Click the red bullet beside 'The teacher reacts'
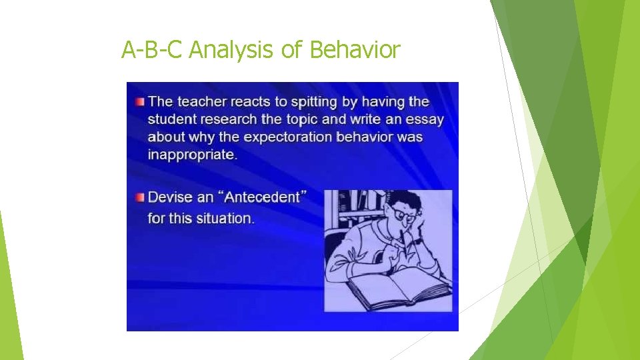139,102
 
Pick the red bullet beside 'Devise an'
139,197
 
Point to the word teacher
205,102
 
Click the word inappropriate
191,155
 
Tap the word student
171,120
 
